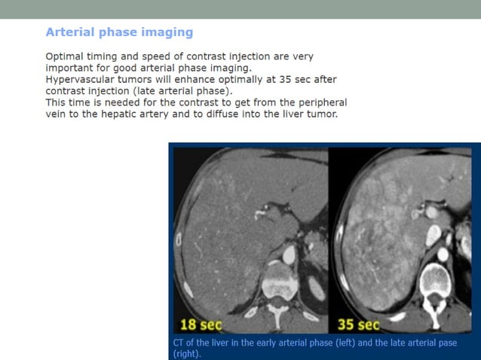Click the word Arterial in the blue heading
[x=68, y=32]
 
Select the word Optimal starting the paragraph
[x=66, y=56]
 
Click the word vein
[x=57, y=114]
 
